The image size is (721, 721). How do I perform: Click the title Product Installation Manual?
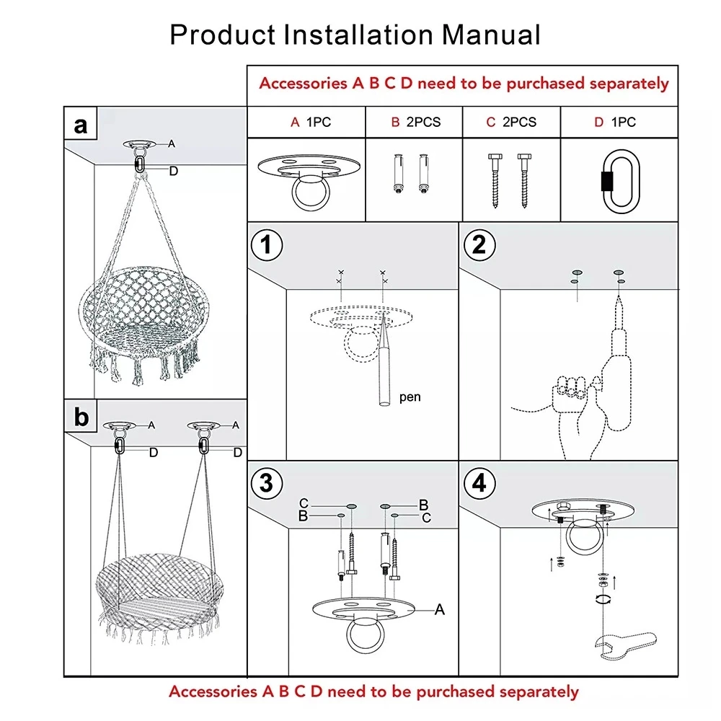coord(355,34)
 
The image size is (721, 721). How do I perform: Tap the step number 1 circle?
coord(267,246)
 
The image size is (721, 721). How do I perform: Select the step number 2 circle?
coord(479,246)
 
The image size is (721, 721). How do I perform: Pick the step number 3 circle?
coord(267,482)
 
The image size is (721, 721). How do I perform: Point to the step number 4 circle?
coord(479,482)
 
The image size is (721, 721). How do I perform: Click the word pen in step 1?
coord(410,397)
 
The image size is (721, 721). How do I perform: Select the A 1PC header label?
coord(311,123)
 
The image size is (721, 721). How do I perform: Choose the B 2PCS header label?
coord(415,123)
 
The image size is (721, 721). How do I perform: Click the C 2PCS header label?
coord(511,123)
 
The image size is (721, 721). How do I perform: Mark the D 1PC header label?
coord(615,123)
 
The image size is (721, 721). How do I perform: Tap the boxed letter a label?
coord(81,125)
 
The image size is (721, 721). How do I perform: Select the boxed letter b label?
coord(81,417)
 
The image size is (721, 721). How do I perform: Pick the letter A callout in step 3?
coord(439,610)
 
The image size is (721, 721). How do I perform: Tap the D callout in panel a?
coord(174,171)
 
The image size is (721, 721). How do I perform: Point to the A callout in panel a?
coord(172,143)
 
